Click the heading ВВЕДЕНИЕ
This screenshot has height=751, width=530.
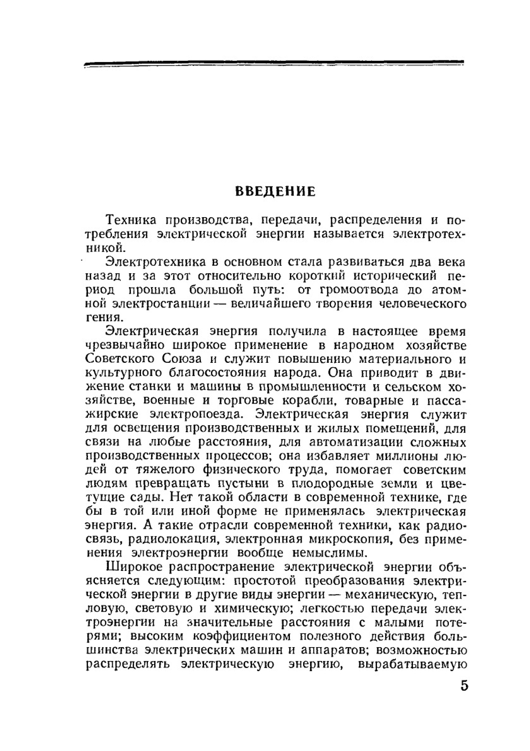(275, 192)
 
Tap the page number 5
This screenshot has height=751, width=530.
(464, 686)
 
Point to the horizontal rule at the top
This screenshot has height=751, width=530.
(273, 64)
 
